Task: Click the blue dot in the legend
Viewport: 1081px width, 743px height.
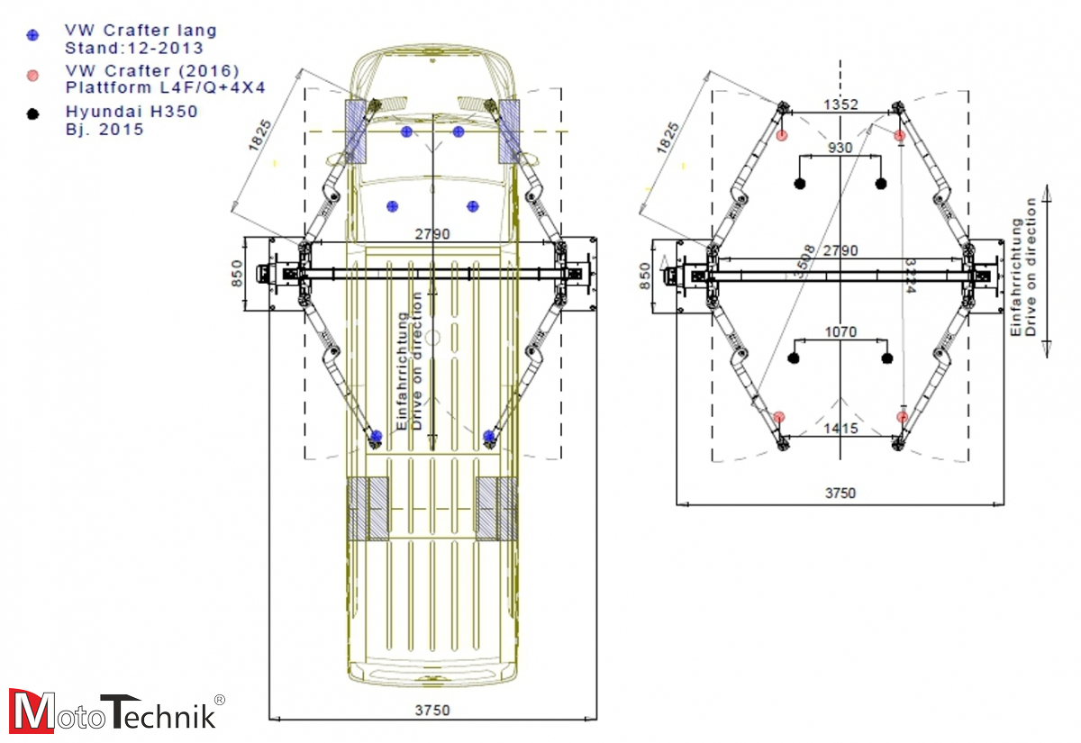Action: coord(33,36)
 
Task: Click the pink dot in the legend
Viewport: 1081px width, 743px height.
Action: coord(33,75)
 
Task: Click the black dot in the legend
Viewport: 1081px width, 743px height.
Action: coord(33,114)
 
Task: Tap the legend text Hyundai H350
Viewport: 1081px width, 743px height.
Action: coord(132,112)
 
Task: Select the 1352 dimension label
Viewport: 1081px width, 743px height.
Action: coord(840,105)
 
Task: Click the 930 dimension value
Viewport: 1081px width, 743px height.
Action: coord(840,147)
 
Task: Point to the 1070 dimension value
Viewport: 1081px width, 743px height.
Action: coord(840,332)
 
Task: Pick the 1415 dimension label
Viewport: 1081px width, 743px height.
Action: coord(840,430)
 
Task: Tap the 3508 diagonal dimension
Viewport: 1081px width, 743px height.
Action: coord(803,261)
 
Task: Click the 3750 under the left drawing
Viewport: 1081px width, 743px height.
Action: coord(432,710)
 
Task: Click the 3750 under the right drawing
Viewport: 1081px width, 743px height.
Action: coord(840,494)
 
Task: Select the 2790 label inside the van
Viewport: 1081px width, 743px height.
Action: coord(431,233)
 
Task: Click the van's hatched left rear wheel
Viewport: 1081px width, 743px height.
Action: coord(368,509)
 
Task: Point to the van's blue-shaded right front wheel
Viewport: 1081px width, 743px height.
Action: coord(510,131)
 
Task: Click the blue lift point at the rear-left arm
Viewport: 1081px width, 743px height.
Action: coord(377,437)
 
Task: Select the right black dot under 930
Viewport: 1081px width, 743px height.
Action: coord(881,184)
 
